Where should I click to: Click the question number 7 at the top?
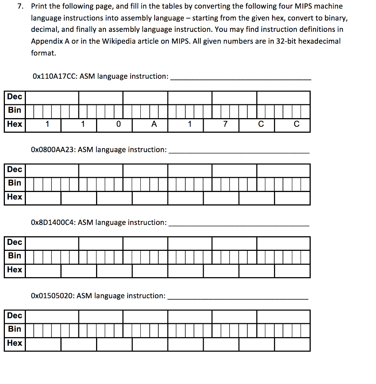click(x=22, y=6)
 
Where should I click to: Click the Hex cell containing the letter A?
click(x=153, y=124)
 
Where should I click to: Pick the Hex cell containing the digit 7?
click(x=225, y=124)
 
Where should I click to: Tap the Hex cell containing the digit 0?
click(x=118, y=124)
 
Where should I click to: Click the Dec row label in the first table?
click(x=15, y=97)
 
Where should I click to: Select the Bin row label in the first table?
click(x=15, y=110)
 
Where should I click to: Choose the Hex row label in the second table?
click(x=15, y=197)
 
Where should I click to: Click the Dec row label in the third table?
click(x=15, y=242)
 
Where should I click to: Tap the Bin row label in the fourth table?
click(x=15, y=329)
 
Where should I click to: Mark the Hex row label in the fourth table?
click(x=15, y=343)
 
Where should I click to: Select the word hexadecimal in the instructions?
click(x=319, y=41)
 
